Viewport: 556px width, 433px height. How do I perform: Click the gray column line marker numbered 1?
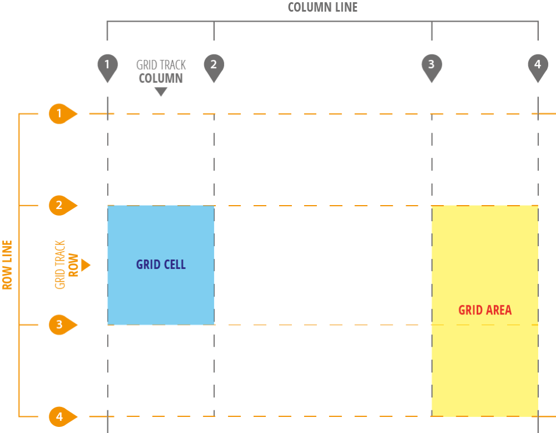107,66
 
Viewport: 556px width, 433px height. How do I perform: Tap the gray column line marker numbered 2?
214,66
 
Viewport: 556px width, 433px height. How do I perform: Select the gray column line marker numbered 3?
431,66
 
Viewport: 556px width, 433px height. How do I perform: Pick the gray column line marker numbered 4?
537,66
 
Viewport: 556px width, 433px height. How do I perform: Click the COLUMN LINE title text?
322,7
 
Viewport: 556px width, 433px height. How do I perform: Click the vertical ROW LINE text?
7,265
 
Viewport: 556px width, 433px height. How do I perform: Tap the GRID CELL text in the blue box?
161,264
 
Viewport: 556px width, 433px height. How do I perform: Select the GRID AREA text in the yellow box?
485,310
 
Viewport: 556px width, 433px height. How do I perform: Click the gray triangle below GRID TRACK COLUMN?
161,92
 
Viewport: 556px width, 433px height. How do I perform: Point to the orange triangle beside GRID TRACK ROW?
85,266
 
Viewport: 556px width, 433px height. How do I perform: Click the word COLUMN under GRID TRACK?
161,79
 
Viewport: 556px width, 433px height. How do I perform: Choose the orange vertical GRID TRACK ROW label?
67,265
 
